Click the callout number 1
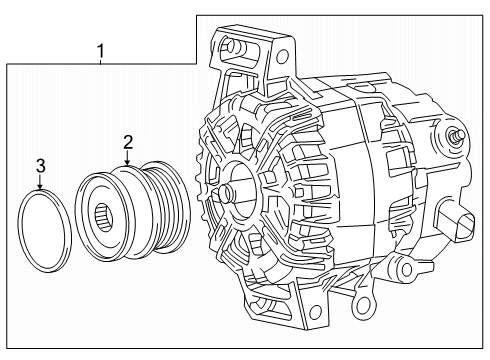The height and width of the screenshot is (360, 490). tap(100, 51)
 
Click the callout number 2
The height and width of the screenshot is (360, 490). tap(128, 142)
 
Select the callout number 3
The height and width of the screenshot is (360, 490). tap(40, 166)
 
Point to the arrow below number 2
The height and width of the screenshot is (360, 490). tap(128, 158)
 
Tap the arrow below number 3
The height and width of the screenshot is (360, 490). tap(40, 182)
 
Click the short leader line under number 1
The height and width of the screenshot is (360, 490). tap(101, 61)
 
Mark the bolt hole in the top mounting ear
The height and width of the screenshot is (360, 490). tap(283, 54)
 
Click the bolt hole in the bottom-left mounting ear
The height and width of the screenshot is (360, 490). tap(315, 312)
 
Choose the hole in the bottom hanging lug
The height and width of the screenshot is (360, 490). tap(362, 304)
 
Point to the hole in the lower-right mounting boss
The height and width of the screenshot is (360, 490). tap(406, 270)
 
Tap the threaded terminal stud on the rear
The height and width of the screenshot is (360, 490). tap(458, 136)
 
